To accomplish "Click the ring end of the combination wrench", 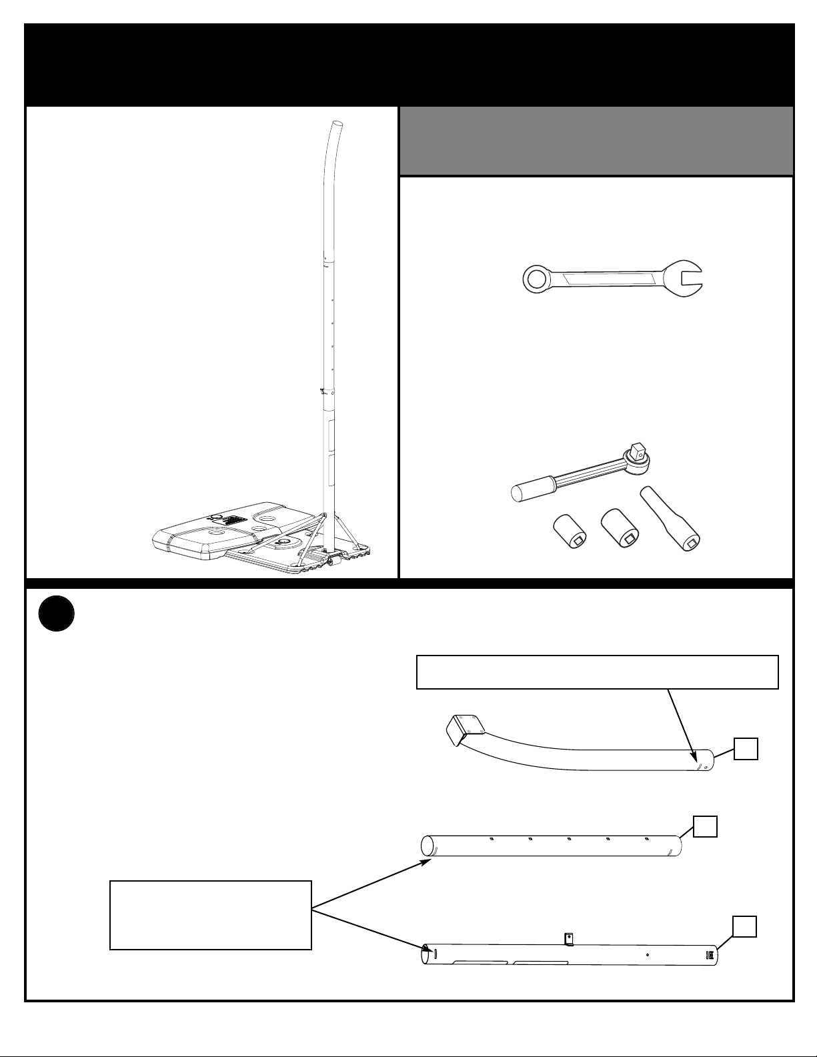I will pyautogui.click(x=535, y=279).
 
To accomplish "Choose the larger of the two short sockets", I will pyautogui.click(x=620, y=530).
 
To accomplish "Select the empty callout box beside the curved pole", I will pyautogui.click(x=746, y=749).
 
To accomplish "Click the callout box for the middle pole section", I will pyautogui.click(x=705, y=827).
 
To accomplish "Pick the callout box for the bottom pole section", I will pyautogui.click(x=744, y=926).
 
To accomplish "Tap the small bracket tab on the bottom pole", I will pyautogui.click(x=569, y=938).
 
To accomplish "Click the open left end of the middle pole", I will pyautogui.click(x=427, y=846).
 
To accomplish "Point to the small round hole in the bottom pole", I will pyautogui.click(x=648, y=954).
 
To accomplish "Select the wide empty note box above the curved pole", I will pyautogui.click(x=597, y=672).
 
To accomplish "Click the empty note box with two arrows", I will pyautogui.click(x=210, y=914).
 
